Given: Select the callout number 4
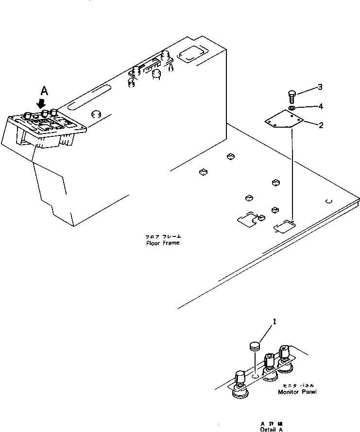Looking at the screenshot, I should [x=320, y=106].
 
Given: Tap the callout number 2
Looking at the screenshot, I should [x=320, y=125].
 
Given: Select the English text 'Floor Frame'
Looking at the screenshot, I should [x=163, y=243].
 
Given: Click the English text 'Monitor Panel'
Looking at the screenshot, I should [x=296, y=392].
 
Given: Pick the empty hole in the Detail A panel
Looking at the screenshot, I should [x=255, y=375].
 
